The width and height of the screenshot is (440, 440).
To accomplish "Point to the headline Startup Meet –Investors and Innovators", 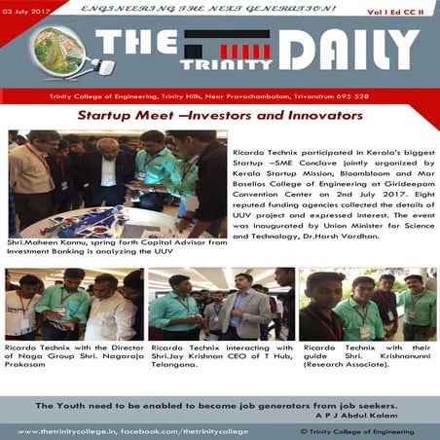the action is coord(220,115).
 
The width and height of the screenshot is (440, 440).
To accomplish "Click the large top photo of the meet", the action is coord(117,183).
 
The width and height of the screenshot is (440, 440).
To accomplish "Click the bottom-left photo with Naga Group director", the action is coord(74,304).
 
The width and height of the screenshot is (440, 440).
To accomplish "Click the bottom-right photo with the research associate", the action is coord(367,304).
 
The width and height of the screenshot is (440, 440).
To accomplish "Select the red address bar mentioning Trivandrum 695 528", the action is coord(220,98).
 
